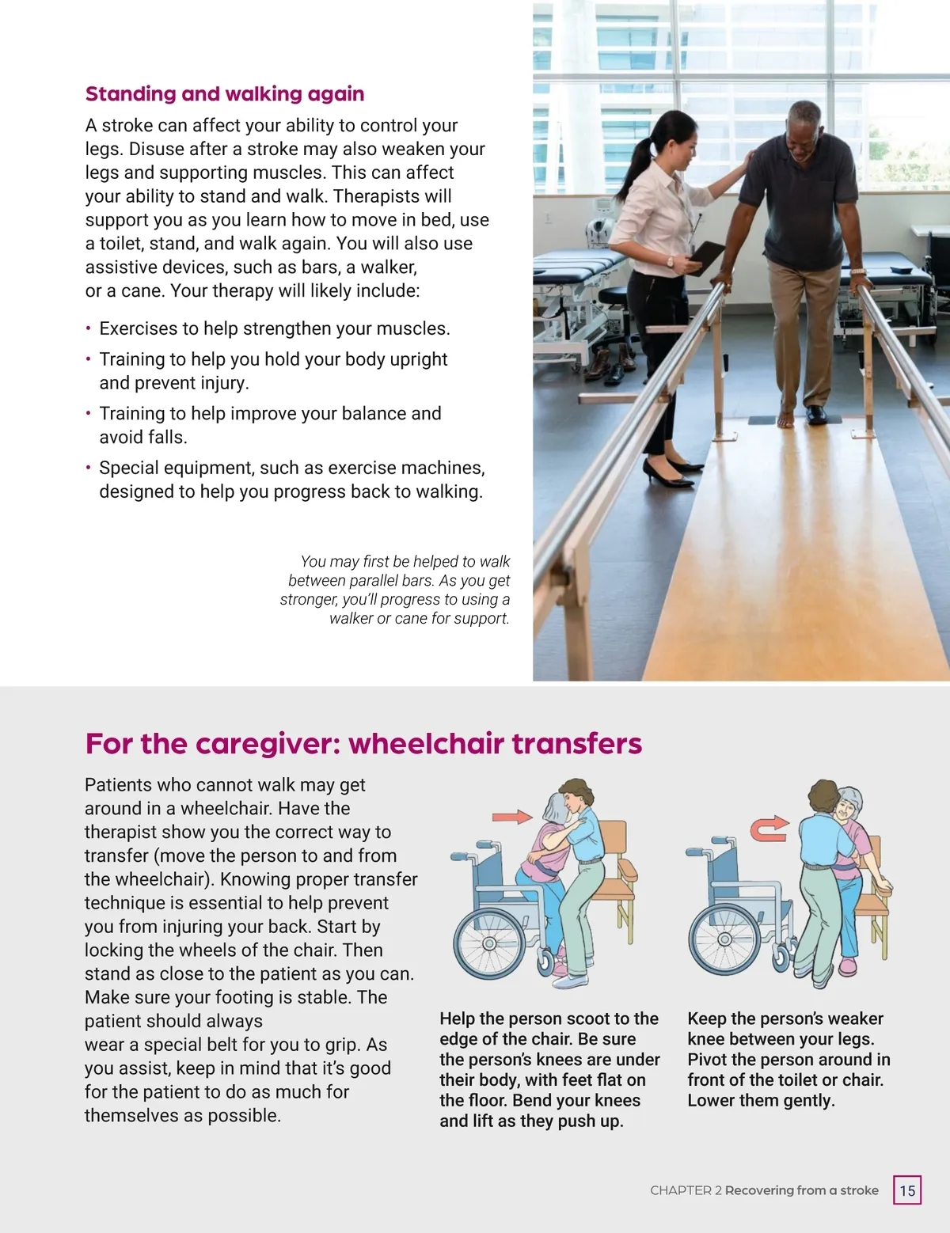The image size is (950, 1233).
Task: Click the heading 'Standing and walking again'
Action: pos(225,94)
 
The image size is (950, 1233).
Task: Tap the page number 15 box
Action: pos(907,1190)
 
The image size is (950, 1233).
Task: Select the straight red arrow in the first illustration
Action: pos(511,817)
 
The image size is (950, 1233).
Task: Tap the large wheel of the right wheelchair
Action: pos(725,940)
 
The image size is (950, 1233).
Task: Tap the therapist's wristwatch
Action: pos(670,261)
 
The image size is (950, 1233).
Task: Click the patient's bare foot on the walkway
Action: pos(785,419)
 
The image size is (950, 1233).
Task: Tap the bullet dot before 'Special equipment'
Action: pos(89,468)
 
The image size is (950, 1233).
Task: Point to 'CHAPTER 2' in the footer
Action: pos(686,1190)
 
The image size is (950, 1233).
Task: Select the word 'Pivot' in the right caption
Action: pos(708,1060)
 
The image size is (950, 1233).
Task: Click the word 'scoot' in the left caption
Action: pos(587,1019)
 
